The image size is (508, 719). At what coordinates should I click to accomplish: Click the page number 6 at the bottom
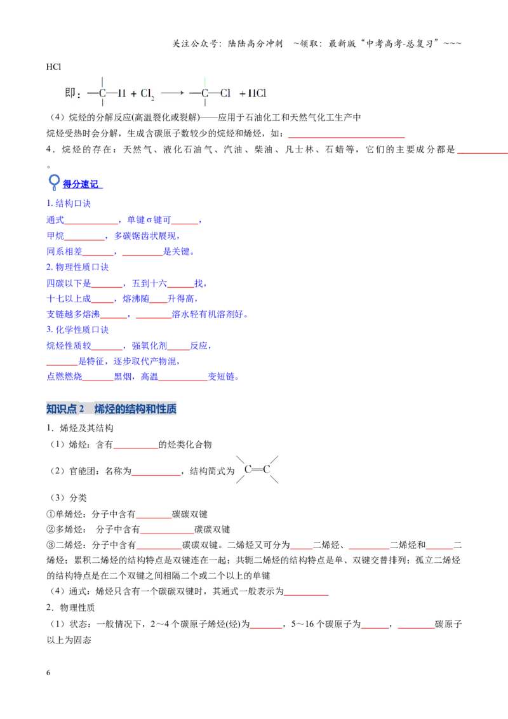pyautogui.click(x=48, y=673)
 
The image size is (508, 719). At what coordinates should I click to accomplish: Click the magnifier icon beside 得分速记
pyautogui.click(x=54, y=182)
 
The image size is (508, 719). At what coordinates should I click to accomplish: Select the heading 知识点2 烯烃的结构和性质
pyautogui.click(x=111, y=408)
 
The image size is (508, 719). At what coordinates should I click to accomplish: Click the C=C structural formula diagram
pyautogui.click(x=257, y=469)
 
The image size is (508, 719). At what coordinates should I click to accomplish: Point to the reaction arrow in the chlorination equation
pyautogui.click(x=172, y=93)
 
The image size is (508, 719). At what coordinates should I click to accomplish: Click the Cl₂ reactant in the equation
pyautogui.click(x=147, y=93)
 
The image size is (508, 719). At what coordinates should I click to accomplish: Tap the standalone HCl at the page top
pyautogui.click(x=53, y=67)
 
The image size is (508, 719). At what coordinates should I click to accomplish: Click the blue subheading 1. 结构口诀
pyautogui.click(x=69, y=203)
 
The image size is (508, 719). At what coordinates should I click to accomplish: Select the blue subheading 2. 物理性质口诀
pyautogui.click(x=77, y=267)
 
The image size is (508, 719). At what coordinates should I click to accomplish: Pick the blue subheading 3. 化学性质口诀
pyautogui.click(x=77, y=330)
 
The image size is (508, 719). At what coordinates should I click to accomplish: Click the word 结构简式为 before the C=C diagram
pyautogui.click(x=212, y=471)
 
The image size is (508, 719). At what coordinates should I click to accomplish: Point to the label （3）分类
pyautogui.click(x=67, y=498)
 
